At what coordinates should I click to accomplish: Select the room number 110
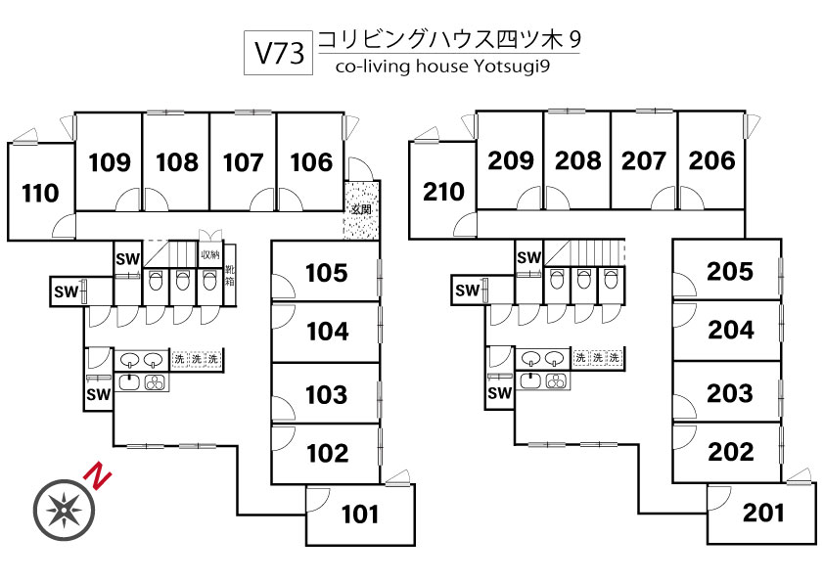[40, 194]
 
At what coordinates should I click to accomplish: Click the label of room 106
[311, 161]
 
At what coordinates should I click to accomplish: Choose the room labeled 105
[327, 272]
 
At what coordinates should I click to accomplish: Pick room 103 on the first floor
[327, 394]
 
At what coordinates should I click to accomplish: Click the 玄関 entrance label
[360, 209]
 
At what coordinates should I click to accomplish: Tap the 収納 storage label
[210, 255]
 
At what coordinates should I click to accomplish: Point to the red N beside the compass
[98, 476]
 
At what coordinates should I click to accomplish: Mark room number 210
[443, 192]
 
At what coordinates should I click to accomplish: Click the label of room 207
[644, 159]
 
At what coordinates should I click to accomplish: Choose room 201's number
[762, 512]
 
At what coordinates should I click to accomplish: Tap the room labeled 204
[731, 331]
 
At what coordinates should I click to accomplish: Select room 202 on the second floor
[731, 452]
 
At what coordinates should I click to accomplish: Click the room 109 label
[110, 161]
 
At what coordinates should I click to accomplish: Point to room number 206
[711, 159]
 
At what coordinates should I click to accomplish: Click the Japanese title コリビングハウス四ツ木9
[450, 39]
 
